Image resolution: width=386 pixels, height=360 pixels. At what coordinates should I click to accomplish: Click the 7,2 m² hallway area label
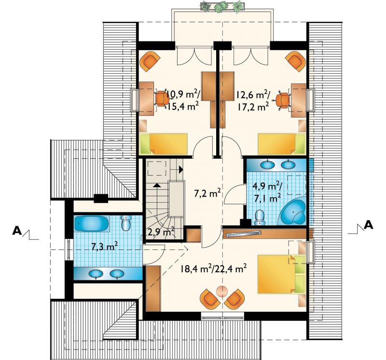207,194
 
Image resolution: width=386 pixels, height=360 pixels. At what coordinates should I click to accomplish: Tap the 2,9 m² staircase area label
161,232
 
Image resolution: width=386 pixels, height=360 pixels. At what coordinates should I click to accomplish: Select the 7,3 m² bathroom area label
104,247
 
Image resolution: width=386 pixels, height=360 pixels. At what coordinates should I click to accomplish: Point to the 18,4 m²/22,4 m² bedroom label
213,268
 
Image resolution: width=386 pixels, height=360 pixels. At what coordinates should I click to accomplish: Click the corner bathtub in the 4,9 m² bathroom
293,211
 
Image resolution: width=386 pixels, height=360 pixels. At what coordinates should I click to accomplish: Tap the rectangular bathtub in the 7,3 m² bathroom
92,223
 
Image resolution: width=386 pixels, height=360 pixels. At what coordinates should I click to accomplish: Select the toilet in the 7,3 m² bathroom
126,222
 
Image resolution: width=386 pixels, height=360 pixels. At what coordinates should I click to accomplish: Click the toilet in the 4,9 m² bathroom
259,218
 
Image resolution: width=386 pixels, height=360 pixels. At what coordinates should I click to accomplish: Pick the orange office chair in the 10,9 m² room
162,99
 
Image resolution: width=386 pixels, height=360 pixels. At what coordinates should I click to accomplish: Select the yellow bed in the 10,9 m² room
164,144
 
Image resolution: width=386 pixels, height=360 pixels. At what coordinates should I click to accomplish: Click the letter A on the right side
369,224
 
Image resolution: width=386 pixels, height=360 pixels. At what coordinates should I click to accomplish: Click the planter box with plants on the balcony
222,7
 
